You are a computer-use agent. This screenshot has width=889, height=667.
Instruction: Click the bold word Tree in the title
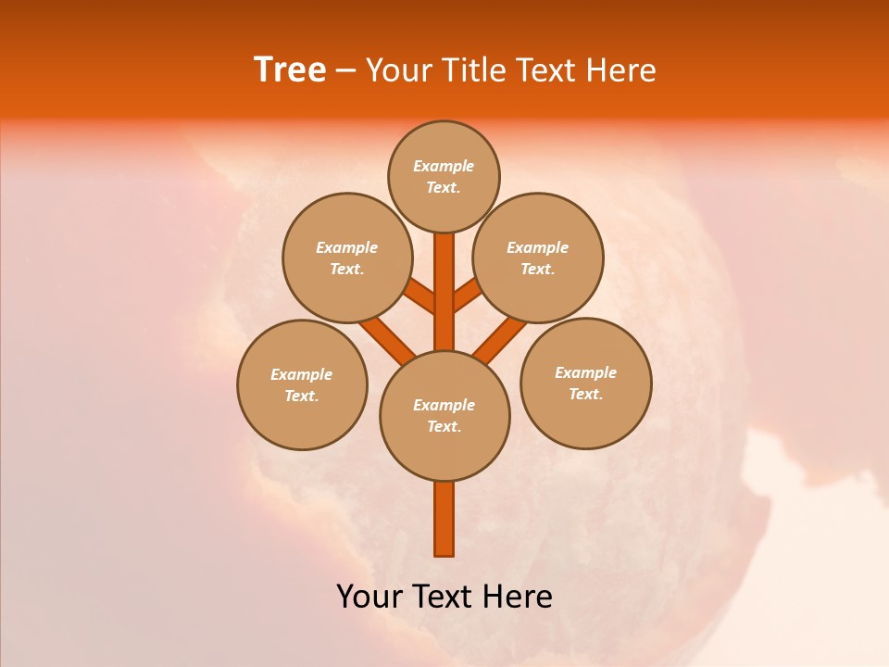[290, 70]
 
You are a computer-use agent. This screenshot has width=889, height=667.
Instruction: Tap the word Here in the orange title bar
[624, 70]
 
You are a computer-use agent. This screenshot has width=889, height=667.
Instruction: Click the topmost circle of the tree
[444, 177]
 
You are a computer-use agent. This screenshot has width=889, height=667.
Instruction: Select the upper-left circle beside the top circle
[347, 258]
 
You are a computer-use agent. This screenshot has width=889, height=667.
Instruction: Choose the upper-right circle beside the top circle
[538, 258]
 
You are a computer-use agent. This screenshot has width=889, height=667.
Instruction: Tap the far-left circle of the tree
[302, 384]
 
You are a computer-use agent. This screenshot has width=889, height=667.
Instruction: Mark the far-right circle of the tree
[586, 384]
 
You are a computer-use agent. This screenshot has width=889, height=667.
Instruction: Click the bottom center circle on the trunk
[444, 416]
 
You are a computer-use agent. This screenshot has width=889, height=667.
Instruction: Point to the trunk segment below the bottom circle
[444, 519]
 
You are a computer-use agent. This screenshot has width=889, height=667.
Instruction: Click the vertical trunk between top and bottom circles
[444, 292]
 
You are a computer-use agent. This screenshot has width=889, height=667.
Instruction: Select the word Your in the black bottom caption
[368, 597]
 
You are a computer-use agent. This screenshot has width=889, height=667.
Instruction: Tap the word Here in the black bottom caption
[520, 597]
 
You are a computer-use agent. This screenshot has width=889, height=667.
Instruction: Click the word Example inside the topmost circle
[444, 167]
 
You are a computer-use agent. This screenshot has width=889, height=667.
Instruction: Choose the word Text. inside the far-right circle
[585, 395]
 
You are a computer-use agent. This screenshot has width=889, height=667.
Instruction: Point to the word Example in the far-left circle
[302, 374]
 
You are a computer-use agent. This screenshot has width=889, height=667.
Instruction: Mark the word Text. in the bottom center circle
[444, 427]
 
